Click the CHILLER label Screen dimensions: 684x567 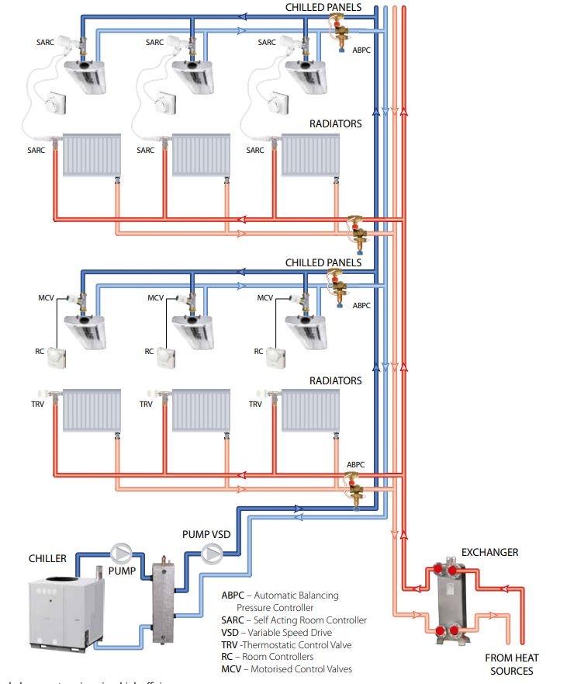point(47,558)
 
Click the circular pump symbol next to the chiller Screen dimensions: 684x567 point(122,552)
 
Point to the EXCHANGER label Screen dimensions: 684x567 point(489,552)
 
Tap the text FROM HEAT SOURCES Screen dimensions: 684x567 point(510,664)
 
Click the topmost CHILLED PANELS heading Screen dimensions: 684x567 point(323,7)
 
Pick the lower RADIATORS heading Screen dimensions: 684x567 point(336,380)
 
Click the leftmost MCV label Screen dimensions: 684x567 point(47,298)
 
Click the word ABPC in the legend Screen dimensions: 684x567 point(233,595)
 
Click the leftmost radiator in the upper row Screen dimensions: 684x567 point(92,154)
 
